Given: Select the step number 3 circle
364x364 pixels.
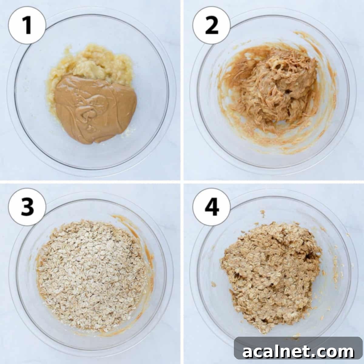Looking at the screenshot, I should click(27, 207).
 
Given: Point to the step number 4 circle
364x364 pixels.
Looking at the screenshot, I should click(211, 207).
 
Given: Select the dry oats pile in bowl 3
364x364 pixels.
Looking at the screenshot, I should click(91, 273).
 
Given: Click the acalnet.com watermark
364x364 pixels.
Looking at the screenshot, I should click(298, 352).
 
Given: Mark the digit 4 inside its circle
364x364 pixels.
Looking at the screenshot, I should click(212, 207).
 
